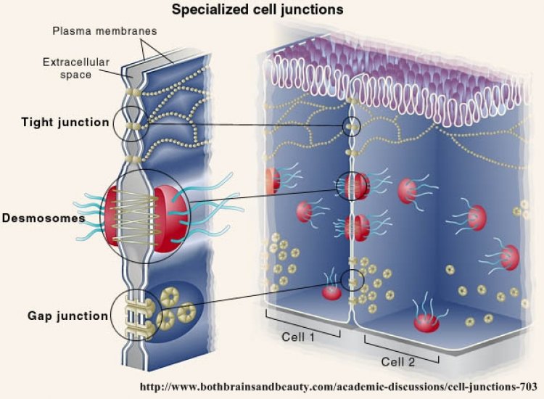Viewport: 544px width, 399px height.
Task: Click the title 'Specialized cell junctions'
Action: pos(257,9)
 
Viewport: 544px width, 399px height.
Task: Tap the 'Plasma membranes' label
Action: pos(104,31)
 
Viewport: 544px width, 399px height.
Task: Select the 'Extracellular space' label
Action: pos(76,68)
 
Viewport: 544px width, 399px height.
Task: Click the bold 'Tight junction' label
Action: pos(65,123)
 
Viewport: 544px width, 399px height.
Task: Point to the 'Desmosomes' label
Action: pos(44,218)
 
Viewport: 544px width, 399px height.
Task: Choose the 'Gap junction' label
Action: pos(67,316)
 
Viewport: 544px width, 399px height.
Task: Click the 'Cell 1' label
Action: pos(298,337)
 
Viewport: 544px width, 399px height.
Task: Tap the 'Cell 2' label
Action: pos(398,362)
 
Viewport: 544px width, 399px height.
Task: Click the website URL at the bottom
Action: pos(339,387)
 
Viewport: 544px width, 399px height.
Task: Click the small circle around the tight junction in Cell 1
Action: pos(352,126)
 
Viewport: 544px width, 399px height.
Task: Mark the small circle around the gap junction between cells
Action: pos(352,280)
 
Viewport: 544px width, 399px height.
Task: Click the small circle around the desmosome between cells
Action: pos(352,186)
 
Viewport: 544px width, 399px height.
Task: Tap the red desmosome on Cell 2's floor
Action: pos(426,323)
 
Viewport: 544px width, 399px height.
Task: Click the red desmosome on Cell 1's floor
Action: pos(331,292)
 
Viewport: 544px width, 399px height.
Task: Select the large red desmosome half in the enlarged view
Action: pos(170,218)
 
